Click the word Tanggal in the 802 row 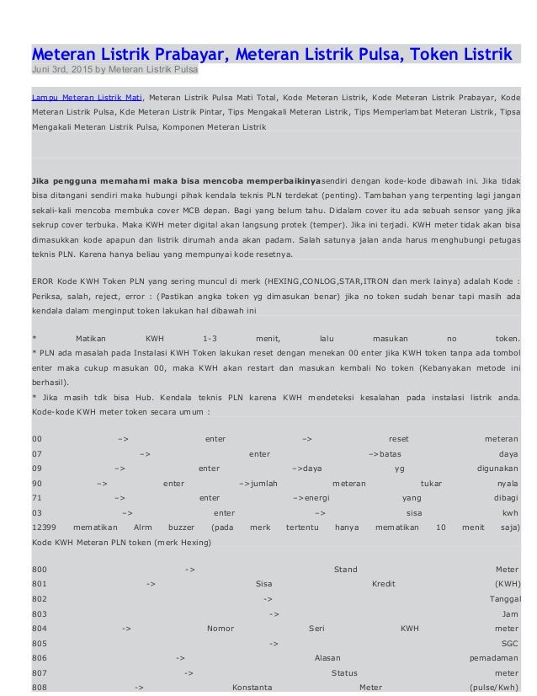pyautogui.click(x=504, y=599)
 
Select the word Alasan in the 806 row pyautogui.click(x=327, y=658)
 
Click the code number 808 pyautogui.click(x=39, y=686)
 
